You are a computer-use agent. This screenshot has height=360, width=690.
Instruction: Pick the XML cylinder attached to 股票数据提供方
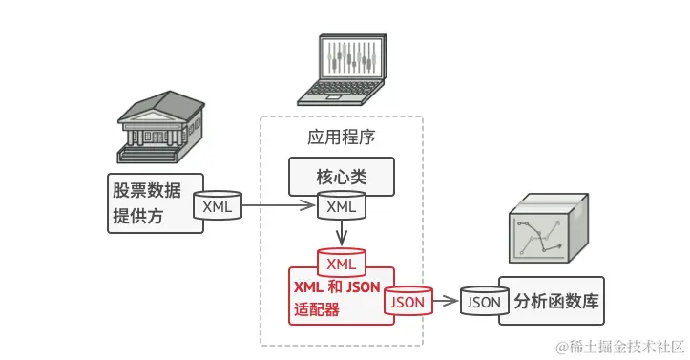point(219,205)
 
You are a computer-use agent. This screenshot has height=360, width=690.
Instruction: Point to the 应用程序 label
point(341,137)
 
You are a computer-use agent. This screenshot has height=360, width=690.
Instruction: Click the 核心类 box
point(341,177)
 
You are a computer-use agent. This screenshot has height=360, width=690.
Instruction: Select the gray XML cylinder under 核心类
point(341,205)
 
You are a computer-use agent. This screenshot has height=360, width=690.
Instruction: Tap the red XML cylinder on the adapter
point(341,262)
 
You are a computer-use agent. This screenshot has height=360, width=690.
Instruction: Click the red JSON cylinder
point(408,301)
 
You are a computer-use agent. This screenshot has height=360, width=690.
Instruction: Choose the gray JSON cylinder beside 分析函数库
point(484,301)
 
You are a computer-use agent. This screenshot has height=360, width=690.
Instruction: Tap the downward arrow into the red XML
point(341,233)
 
